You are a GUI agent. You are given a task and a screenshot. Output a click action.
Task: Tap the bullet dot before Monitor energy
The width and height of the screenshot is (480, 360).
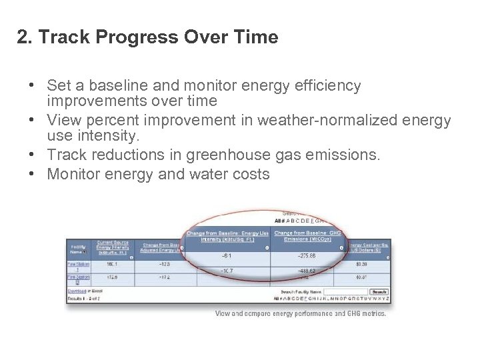[32, 175]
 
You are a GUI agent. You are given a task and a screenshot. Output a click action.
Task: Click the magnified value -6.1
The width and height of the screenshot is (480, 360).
[227, 256]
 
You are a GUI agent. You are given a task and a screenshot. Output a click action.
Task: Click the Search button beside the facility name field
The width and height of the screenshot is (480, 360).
[379, 292]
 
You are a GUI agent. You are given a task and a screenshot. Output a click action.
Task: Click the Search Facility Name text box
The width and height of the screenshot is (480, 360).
[345, 292]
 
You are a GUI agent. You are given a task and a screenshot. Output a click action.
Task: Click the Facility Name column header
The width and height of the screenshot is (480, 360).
[78, 249]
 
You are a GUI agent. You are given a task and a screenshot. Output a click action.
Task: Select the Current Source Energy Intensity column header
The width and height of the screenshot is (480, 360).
[113, 247]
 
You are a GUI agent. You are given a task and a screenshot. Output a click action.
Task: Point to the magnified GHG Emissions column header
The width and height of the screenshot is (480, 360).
[307, 236]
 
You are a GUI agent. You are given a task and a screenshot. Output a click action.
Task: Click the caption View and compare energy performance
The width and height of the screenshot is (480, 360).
[300, 313]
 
